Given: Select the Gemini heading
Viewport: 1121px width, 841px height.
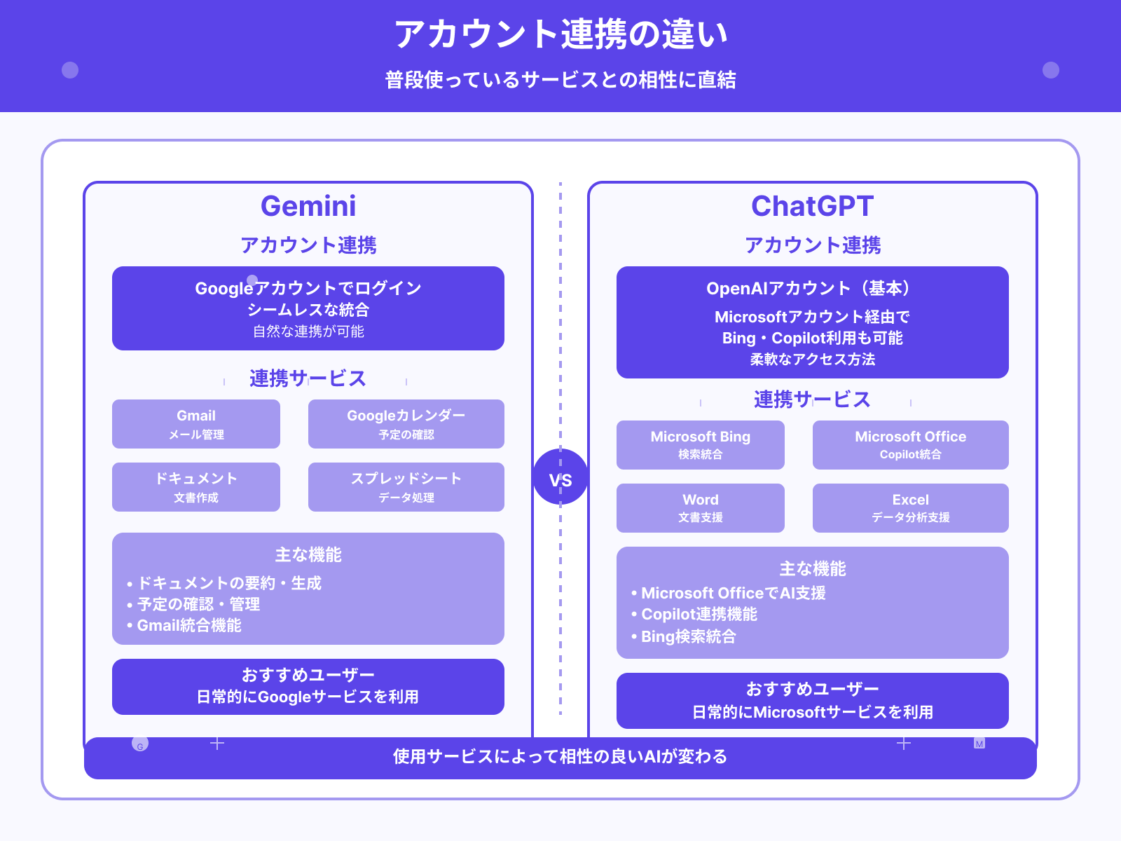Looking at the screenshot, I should click(x=308, y=206).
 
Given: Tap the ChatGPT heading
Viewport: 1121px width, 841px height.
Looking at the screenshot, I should click(x=812, y=206).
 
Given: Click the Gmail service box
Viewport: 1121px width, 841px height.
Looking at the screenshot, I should click(x=196, y=424).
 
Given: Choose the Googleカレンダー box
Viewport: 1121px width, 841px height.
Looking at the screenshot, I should click(x=406, y=424).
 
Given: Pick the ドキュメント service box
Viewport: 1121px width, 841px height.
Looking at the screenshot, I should click(x=196, y=487).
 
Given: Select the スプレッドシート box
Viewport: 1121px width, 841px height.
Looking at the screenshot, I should click(x=406, y=487).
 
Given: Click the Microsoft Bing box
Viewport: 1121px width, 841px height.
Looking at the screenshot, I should click(x=701, y=445).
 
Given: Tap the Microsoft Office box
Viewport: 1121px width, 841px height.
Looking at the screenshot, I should click(x=910, y=445).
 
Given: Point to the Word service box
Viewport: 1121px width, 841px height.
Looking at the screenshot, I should click(x=701, y=508).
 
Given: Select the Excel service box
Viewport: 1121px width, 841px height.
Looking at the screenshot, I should click(x=910, y=508).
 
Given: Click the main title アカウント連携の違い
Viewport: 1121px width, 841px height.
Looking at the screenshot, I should click(x=560, y=34).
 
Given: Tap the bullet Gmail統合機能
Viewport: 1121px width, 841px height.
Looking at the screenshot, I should click(x=188, y=625).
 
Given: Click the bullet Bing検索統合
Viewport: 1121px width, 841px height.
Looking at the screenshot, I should click(x=688, y=636).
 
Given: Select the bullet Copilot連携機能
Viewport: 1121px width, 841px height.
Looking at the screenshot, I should click(x=699, y=615).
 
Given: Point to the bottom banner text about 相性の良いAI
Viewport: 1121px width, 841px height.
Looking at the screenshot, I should click(x=560, y=757).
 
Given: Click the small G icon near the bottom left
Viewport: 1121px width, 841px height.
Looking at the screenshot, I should click(x=140, y=744).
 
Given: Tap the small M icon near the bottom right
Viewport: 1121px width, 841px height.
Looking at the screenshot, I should click(x=979, y=744).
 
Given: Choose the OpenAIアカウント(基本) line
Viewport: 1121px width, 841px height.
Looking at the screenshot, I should click(x=812, y=289).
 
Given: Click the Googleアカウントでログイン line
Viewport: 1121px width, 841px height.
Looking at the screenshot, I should click(x=308, y=289).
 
